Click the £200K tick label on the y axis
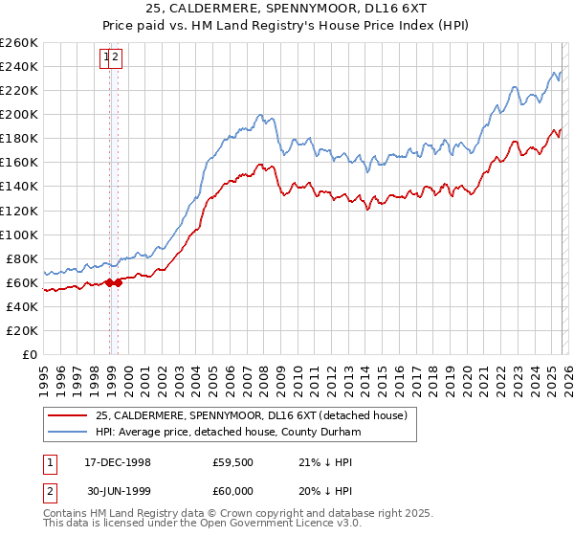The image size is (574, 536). [x=19, y=114]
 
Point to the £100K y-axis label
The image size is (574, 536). [x=19, y=234]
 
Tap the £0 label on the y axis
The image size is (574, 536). [x=28, y=354]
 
